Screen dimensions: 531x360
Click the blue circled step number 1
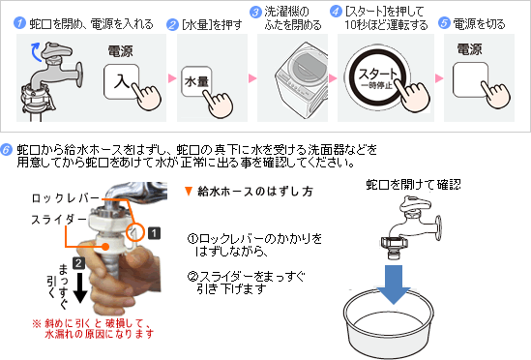click(x=19, y=23)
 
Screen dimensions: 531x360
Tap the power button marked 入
click(x=121, y=81)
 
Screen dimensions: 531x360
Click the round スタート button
click(x=377, y=77)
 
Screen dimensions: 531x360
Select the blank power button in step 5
click(x=470, y=80)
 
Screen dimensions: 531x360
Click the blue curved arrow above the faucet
click(x=36, y=52)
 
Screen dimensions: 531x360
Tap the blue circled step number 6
click(x=7, y=150)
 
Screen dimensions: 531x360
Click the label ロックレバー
click(x=66, y=198)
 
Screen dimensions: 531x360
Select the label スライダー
click(x=59, y=220)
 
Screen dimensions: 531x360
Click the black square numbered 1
click(x=154, y=233)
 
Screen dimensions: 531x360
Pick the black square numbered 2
click(x=78, y=263)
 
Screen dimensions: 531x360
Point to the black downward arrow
click(x=80, y=287)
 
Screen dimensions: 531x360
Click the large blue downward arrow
click(x=394, y=285)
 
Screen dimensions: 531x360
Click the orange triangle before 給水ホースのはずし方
click(x=189, y=192)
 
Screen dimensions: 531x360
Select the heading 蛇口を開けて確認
click(x=414, y=185)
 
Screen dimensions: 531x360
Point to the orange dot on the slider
click(x=105, y=246)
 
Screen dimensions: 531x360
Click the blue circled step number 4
click(x=336, y=12)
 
